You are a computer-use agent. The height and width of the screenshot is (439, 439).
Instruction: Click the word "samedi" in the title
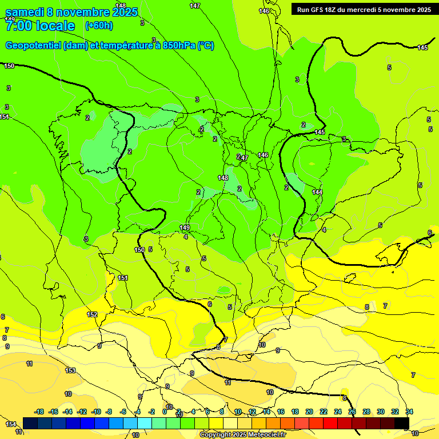pyautogui.click(x=24, y=12)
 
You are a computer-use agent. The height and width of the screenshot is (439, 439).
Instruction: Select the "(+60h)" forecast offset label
pyautogui.click(x=99, y=26)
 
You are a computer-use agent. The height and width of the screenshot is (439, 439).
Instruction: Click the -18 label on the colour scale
pyautogui.click(x=39, y=412)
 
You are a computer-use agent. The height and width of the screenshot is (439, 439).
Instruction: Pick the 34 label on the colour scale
pyautogui.click(x=409, y=412)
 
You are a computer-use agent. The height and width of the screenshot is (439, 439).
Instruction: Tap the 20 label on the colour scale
pyautogui.click(x=309, y=412)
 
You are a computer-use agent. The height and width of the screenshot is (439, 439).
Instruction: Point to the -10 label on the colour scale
pyautogui.click(x=96, y=412)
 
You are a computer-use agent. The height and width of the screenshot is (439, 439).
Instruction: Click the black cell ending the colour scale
pyautogui.click(x=402, y=423)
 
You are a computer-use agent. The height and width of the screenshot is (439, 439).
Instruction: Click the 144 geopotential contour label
pyautogui.click(x=317, y=192)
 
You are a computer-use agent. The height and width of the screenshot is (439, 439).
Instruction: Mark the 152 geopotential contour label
pyautogui.click(x=92, y=314)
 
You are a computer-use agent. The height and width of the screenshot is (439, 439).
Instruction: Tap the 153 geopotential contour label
pyautogui.click(x=70, y=370)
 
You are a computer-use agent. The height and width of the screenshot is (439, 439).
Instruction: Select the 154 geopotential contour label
pyautogui.click(x=11, y=424)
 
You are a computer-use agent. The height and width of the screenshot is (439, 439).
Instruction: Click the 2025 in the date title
pyautogui.click(x=125, y=12)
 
